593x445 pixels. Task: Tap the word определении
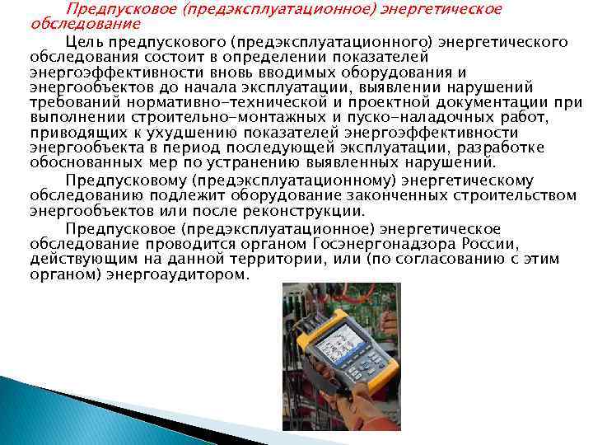(x=283, y=56)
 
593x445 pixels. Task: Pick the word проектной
(x=400, y=101)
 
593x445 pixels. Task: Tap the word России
(x=488, y=245)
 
